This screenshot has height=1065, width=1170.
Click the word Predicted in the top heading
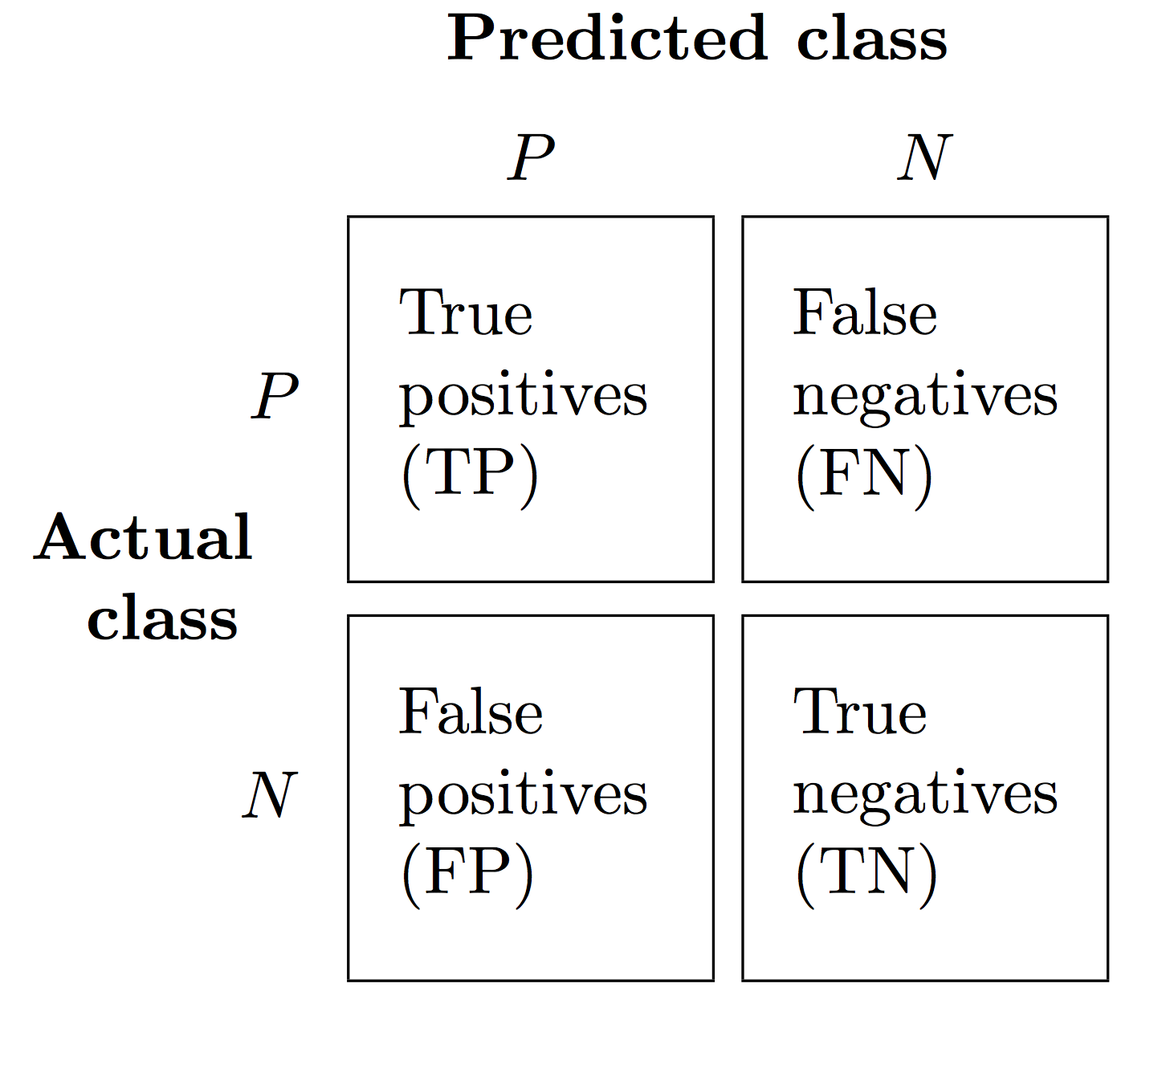607,38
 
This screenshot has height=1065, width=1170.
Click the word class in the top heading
871,38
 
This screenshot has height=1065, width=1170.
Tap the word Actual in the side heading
143,537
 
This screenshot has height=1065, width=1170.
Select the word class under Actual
162,618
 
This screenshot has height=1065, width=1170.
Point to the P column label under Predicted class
531,157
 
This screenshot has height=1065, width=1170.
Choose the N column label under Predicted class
924,157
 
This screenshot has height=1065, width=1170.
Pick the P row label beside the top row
275,396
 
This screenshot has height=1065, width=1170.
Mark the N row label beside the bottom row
270,795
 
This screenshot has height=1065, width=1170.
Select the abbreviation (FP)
467,875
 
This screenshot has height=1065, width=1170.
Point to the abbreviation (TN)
866,875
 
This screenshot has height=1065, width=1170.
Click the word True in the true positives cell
466,313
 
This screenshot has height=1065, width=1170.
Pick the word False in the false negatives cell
865,312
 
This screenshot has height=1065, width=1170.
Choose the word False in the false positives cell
471,712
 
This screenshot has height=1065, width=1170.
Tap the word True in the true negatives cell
860,712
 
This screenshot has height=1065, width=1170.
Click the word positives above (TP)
524,398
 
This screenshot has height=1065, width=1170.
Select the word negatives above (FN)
925,398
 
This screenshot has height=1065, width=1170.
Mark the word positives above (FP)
524,797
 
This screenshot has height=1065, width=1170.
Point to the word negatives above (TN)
925,797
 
